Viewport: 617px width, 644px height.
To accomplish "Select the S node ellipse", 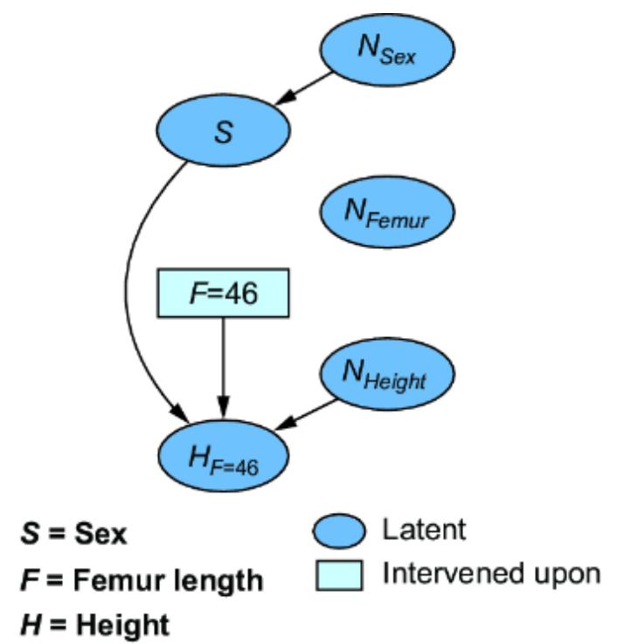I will point(223,133).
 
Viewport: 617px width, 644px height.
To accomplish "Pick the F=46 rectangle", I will point(223,293).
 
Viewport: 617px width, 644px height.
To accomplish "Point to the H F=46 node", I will point(223,454).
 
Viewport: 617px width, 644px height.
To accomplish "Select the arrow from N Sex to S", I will point(305,91).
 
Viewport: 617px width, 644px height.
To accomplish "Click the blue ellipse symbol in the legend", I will point(336,530).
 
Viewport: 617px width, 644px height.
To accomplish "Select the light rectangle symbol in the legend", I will point(336,572).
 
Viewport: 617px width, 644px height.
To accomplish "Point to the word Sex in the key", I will point(102,534).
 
